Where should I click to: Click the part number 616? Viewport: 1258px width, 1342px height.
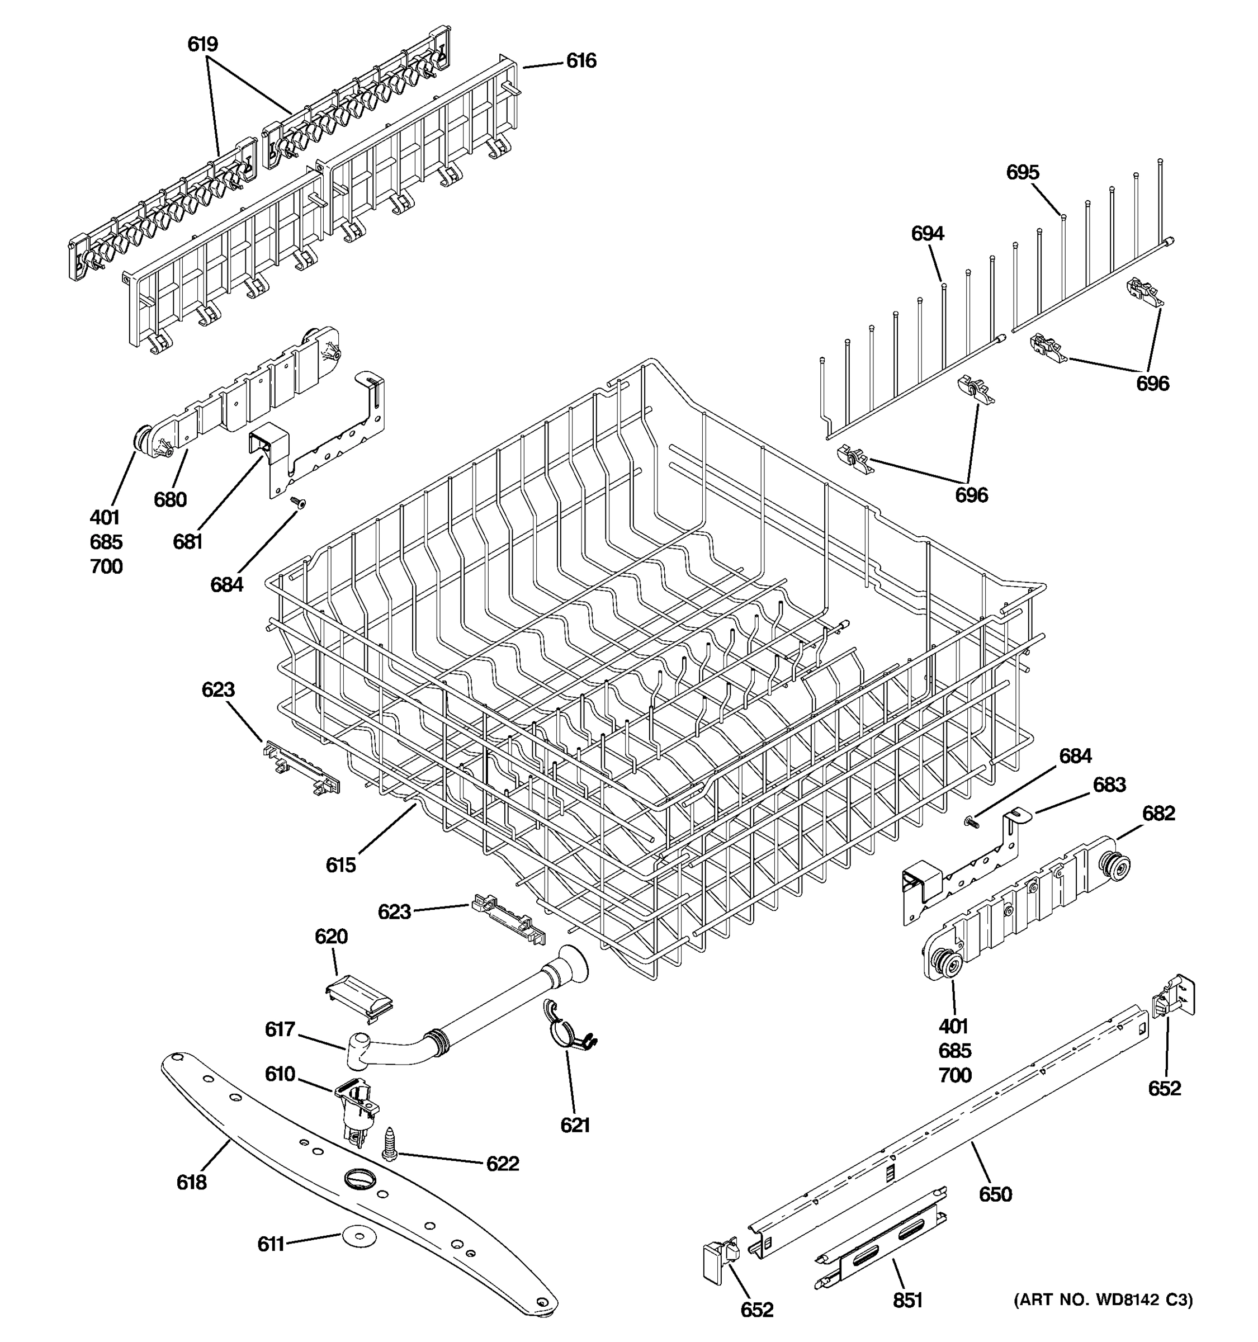point(580,62)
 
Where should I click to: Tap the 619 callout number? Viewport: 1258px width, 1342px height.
point(202,45)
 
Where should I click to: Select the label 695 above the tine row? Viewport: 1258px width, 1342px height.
point(1023,173)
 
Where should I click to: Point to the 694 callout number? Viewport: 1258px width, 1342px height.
point(928,234)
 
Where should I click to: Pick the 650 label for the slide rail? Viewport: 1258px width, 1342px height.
point(995,1195)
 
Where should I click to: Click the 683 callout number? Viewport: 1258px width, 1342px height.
point(1109,785)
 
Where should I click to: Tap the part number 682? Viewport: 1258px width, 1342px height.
point(1158,814)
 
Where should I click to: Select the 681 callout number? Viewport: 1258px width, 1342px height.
point(188,541)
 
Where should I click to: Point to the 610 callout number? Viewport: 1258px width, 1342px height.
point(280,1074)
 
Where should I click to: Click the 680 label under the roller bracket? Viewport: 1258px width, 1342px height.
point(170,499)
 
